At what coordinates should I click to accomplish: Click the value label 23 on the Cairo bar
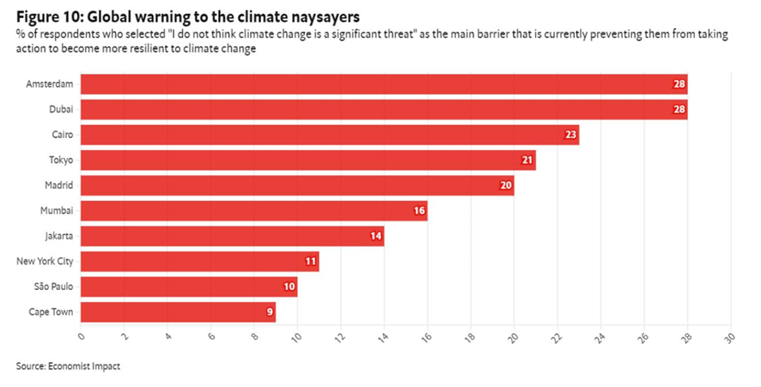pos(570,135)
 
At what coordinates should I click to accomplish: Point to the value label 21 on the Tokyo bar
pos(527,160)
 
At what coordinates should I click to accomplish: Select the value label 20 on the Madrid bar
pos(505,185)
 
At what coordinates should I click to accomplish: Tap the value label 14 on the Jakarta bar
pos(375,236)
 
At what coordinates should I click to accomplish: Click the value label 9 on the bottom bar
pos(270,312)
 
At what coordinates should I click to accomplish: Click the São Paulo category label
pos(53,287)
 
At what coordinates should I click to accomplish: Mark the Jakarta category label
pos(59,236)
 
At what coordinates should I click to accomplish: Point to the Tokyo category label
pos(61,160)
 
